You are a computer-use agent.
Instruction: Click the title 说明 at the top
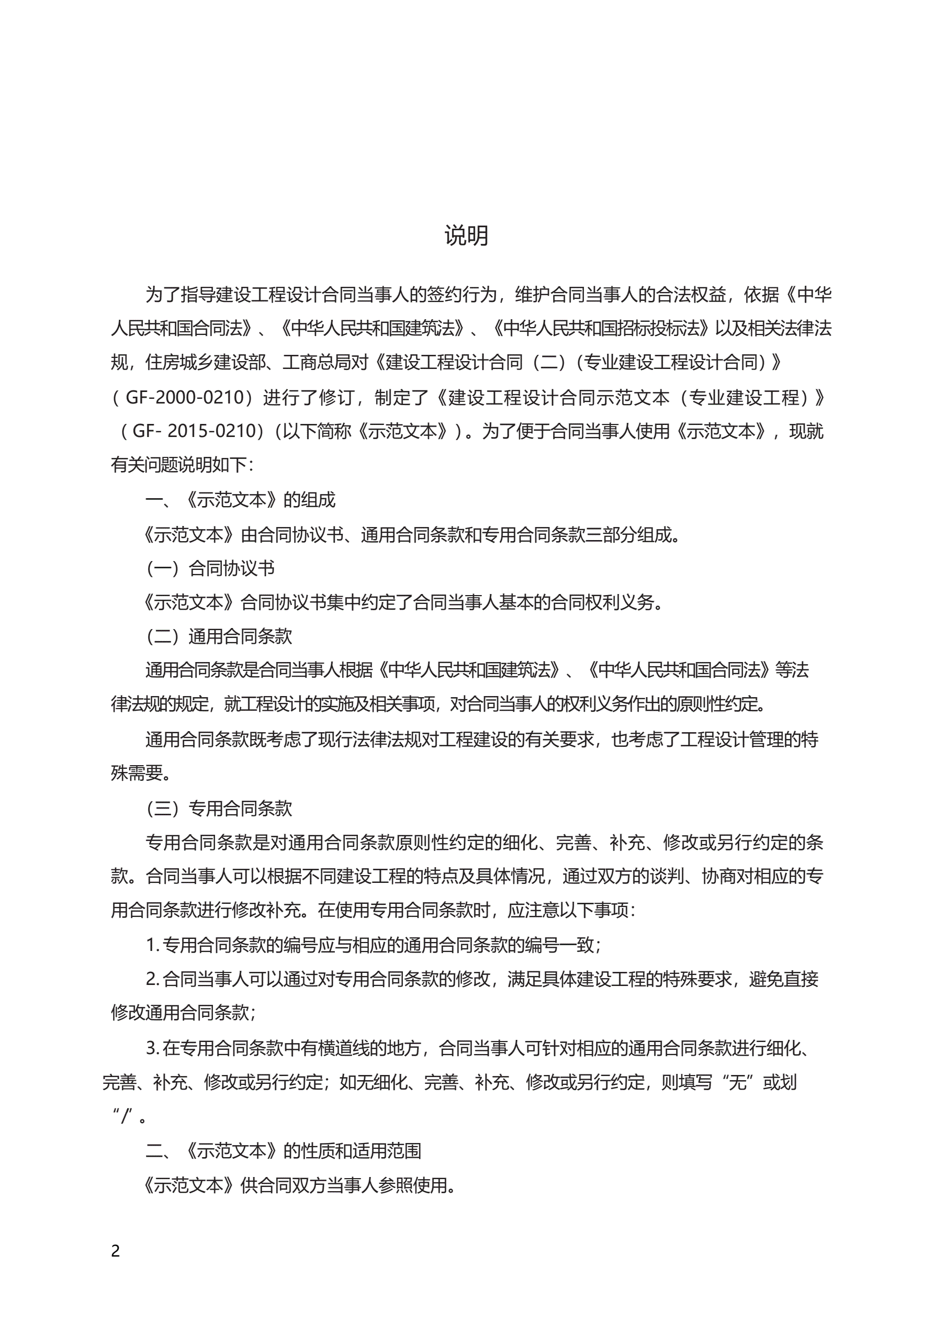click(466, 236)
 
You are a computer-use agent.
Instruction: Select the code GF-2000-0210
click(185, 397)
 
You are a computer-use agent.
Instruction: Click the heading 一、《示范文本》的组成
click(240, 500)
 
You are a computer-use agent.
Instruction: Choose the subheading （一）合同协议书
click(210, 568)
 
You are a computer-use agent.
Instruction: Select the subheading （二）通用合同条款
click(219, 636)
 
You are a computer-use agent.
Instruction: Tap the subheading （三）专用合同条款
click(219, 809)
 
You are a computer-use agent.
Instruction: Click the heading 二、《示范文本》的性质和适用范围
click(283, 1151)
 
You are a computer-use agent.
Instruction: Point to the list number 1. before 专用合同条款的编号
click(152, 945)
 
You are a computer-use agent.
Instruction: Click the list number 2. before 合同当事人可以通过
click(152, 979)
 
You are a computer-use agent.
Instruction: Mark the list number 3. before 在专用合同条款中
click(152, 1048)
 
